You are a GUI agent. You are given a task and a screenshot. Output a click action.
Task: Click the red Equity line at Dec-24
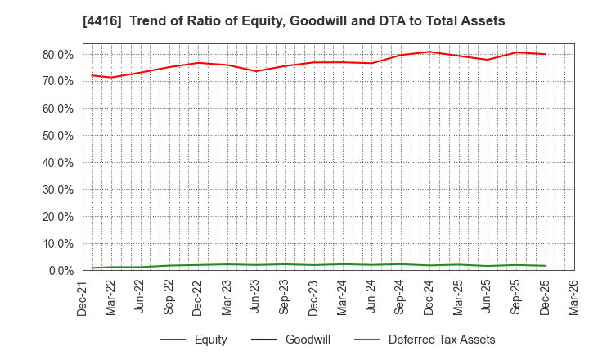pyautogui.click(x=429, y=52)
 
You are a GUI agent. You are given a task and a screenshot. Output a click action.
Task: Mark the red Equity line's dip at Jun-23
pyautogui.click(x=256, y=71)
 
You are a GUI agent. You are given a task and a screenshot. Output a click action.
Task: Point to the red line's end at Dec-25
pyautogui.click(x=545, y=54)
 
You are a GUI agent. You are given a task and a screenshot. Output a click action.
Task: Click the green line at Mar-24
pyautogui.click(x=343, y=264)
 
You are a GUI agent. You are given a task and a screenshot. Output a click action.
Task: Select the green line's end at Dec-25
pyautogui.click(x=545, y=266)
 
